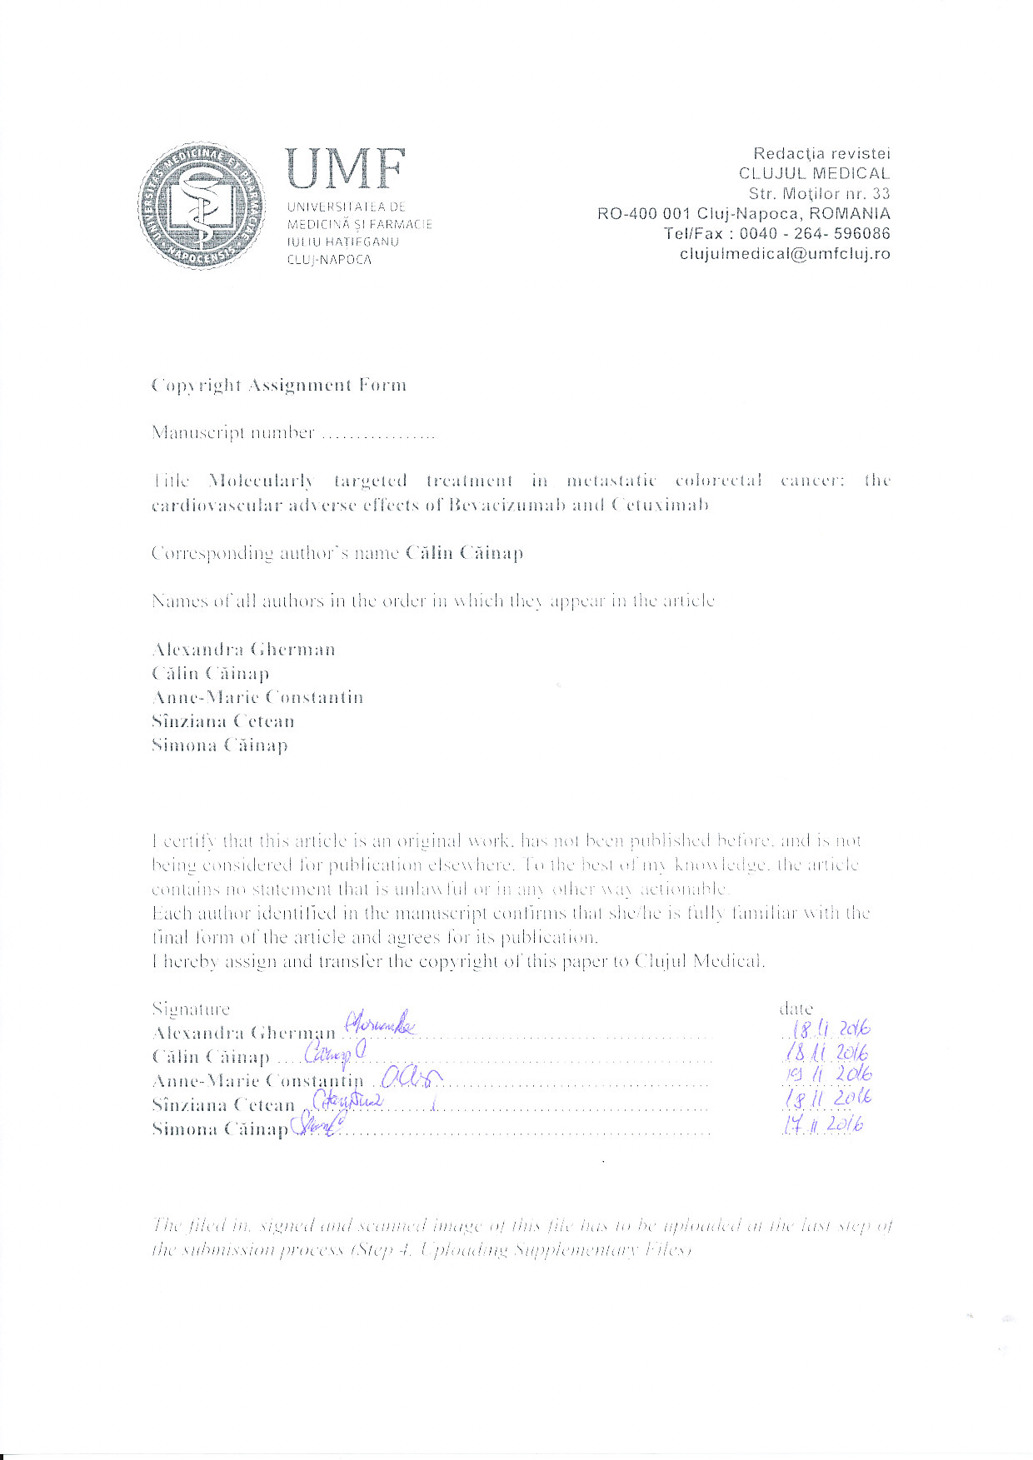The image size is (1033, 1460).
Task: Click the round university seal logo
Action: [202, 205]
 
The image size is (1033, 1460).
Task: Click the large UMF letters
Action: [345, 169]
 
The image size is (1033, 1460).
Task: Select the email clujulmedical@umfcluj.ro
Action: [785, 254]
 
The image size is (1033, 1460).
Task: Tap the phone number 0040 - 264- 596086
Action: [815, 234]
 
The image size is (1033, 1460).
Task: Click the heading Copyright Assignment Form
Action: [279, 386]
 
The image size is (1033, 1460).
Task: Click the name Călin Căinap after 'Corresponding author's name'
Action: [464, 553]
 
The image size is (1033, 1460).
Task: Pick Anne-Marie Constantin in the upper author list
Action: [257, 697]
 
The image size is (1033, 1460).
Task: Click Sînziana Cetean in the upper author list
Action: [222, 721]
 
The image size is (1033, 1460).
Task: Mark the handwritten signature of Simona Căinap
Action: [317, 1126]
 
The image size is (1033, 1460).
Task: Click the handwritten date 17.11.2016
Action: [823, 1125]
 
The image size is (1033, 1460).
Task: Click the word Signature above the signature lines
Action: [191, 1009]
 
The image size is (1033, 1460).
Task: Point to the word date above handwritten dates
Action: [796, 1009]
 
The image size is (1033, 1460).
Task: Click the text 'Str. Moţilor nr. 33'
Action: [819, 193]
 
